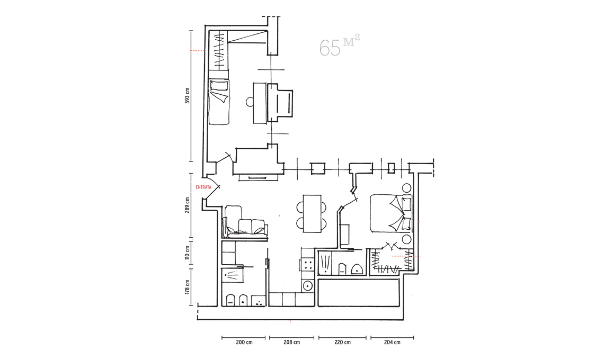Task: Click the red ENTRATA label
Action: pos(203,187)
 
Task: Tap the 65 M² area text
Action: pos(340,46)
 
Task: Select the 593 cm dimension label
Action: pos(188,95)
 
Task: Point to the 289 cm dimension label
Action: pos(188,205)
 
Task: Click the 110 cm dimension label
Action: pos(188,253)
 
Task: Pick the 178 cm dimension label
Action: pos(188,287)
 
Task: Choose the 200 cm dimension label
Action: pos(244,342)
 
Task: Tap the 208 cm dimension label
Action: pos(291,342)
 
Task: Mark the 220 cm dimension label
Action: pos(342,342)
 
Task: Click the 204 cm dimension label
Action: pos(392,342)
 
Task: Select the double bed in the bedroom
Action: pos(391,213)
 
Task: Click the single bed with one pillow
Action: pos(219,102)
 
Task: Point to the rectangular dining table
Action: pos(312,214)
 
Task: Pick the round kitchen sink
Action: pos(307,286)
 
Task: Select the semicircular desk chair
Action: pos(249,102)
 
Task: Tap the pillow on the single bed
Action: pos(219,92)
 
